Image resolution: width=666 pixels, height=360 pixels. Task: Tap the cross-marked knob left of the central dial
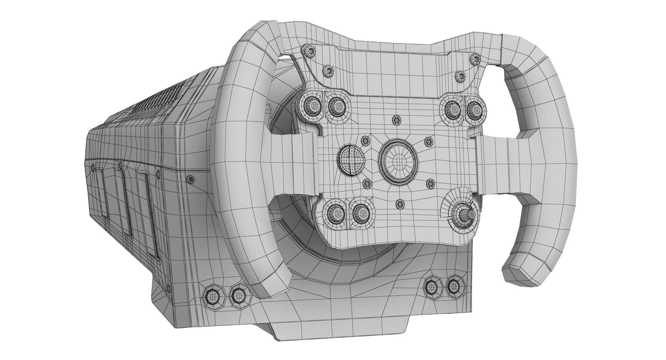click(x=350, y=159)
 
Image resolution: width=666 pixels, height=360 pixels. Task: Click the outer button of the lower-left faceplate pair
click(x=333, y=212)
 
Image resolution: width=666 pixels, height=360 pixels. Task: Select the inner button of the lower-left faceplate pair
click(x=360, y=213)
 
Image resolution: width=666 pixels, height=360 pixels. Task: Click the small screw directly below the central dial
click(x=400, y=204)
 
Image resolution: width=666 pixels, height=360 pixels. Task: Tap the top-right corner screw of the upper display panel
click(x=475, y=59)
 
